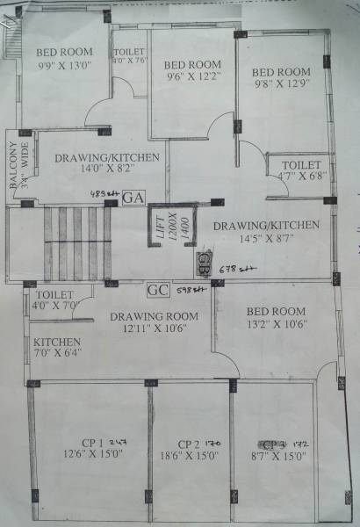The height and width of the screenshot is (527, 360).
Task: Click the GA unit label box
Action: point(133,198)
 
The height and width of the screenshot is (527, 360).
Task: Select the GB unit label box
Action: point(203,260)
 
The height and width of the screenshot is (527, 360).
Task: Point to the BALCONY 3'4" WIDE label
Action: point(19,167)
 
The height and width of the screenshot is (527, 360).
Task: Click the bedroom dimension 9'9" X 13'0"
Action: point(63,65)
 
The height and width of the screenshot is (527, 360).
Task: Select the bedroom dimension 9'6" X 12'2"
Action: point(191,76)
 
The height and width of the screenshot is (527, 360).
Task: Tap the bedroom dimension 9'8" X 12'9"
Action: point(280,84)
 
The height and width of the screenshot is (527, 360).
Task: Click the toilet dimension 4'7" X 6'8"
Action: point(301,177)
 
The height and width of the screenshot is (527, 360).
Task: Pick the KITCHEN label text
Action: point(57,342)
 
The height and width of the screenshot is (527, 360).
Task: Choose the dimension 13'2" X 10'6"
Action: point(276,324)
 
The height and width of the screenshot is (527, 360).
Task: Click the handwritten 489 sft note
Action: point(103,192)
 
